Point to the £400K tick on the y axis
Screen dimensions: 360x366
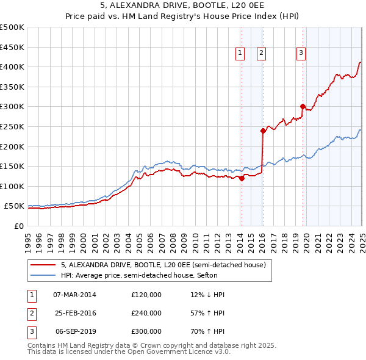[12, 67]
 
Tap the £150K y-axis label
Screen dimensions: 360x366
[12, 166]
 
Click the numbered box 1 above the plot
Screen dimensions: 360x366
[240, 54]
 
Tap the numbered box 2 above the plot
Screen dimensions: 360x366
[261, 54]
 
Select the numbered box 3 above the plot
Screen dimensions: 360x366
[301, 54]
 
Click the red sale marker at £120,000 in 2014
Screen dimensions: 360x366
[242, 178]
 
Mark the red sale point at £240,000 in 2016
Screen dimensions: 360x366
[263, 131]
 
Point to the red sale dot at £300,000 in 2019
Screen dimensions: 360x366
[303, 107]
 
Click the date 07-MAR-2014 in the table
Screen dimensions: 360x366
[74, 295]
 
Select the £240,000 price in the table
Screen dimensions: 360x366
[146, 313]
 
